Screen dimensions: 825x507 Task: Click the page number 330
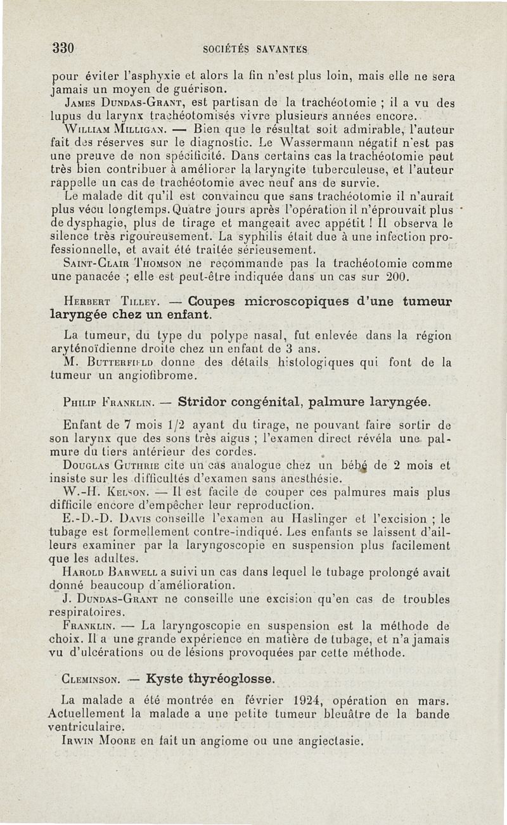(x=64, y=48)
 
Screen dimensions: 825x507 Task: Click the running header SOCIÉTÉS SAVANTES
(x=255, y=49)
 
